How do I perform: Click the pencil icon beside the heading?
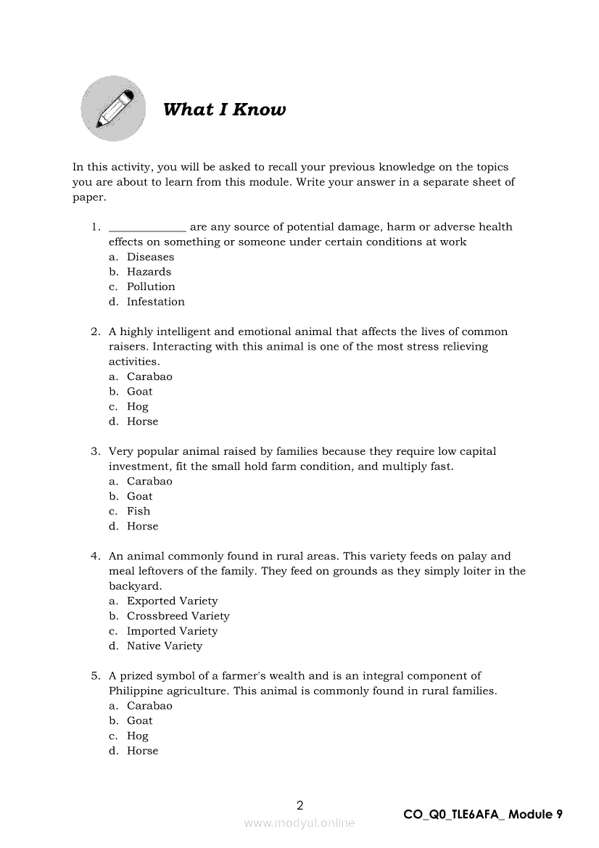(x=113, y=109)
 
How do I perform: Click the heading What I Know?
(x=224, y=110)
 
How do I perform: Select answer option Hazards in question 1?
(x=149, y=272)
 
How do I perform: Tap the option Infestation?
(x=155, y=302)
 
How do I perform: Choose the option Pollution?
(x=151, y=287)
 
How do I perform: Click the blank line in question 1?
(x=147, y=228)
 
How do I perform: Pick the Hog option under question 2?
(x=137, y=407)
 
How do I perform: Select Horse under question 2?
(x=142, y=421)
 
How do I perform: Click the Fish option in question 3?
(x=139, y=511)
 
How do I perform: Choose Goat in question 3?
(x=139, y=496)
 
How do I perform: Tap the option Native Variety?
(x=165, y=646)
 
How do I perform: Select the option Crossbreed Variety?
(x=178, y=616)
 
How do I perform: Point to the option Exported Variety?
(x=172, y=601)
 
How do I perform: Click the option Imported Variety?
(x=172, y=631)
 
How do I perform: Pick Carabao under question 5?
(x=149, y=706)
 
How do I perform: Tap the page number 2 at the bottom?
(x=300, y=805)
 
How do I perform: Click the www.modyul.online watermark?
(x=299, y=823)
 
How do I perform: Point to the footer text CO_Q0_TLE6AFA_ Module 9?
(x=483, y=814)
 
